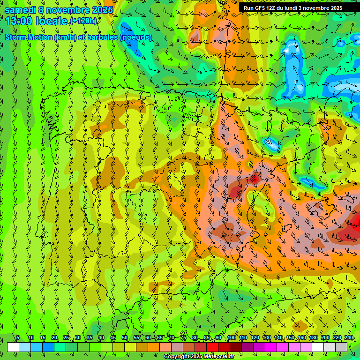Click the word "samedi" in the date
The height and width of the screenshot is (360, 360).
pos(19,10)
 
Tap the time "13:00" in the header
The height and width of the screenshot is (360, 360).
pos(18,22)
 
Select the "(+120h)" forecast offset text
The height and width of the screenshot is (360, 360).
pos(83,21)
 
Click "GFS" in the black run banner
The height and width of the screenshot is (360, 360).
pos(261,8)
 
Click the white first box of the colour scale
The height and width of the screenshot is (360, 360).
pos(13,347)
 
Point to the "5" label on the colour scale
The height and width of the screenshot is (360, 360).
pos(18,338)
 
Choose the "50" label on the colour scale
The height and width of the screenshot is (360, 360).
pos(125,338)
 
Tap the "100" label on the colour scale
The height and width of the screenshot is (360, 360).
pos(231,338)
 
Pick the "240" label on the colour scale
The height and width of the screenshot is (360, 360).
pos(349,338)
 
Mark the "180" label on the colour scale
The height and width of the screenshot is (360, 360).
pos(313,338)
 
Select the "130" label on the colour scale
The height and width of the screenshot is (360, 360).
pos(266,338)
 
